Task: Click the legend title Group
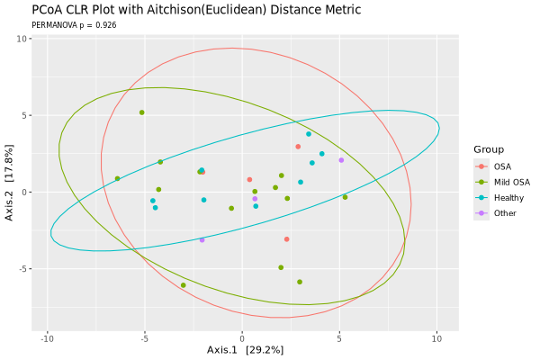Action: pos(490,148)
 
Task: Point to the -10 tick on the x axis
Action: pos(47,338)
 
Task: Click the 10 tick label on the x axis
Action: pos(436,338)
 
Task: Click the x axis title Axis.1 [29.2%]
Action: pos(245,349)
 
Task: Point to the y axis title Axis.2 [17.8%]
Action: pos(9,184)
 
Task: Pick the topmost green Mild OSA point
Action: pos(142,112)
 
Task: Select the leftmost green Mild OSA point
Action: pos(117,179)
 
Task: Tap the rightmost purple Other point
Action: pos(341,160)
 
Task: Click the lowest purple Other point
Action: pos(202,240)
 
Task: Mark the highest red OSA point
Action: pos(298,147)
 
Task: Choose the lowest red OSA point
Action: pos(286,239)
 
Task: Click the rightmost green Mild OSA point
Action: pos(345,197)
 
